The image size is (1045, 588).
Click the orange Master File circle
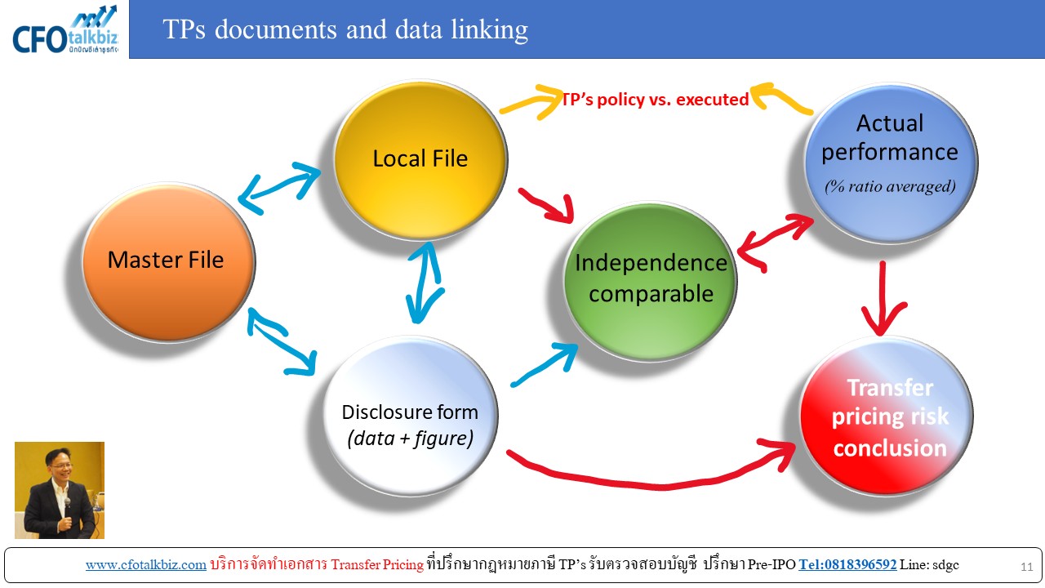coord(169,262)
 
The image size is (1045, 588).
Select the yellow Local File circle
coord(420,160)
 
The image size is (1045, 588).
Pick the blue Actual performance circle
coord(891,163)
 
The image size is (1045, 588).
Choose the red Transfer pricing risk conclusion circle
coord(887,416)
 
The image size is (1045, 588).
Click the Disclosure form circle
coord(411,416)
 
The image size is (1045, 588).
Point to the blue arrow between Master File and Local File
coord(279,188)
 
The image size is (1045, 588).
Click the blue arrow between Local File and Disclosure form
coord(425,283)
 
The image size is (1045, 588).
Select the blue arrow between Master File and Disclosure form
coord(282,342)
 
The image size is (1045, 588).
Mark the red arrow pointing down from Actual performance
coord(883,299)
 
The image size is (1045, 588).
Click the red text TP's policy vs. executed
coord(655,100)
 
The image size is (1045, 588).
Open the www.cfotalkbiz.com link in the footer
coord(146,564)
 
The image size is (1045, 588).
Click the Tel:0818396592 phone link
coord(847,564)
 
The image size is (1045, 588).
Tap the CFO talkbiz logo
coord(65,30)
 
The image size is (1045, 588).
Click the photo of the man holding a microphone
coord(60,491)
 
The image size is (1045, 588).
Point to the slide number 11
coord(1027,567)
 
